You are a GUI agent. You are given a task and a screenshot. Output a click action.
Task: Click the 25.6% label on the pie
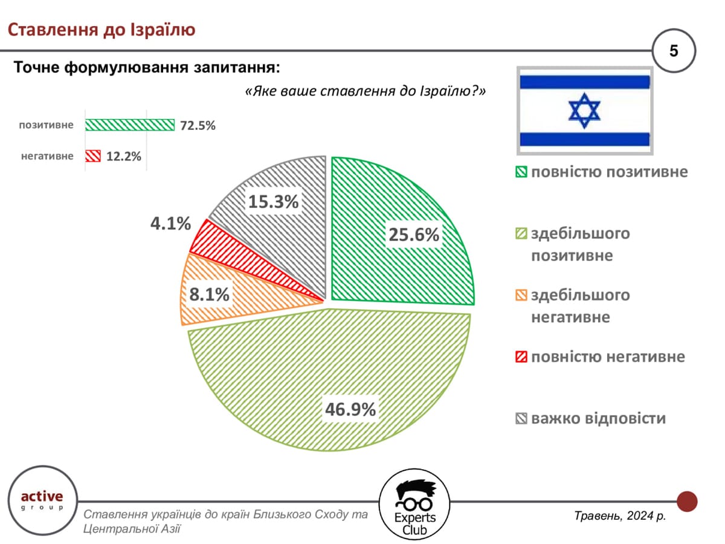[413, 235]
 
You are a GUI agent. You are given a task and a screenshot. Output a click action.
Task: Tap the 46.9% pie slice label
[350, 409]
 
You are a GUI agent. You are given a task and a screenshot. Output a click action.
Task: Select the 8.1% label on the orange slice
[209, 294]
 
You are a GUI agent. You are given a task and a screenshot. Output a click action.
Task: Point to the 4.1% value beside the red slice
[170, 224]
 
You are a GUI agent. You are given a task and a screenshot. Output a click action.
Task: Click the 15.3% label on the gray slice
[273, 202]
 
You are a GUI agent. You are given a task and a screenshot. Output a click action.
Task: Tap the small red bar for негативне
[92, 156]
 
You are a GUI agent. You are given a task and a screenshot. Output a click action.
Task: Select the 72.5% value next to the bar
[197, 126]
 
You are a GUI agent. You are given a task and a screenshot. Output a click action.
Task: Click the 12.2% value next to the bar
[123, 157]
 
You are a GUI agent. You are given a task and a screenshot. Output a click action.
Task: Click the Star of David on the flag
[584, 111]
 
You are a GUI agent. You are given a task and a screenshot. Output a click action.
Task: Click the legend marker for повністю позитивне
[521, 173]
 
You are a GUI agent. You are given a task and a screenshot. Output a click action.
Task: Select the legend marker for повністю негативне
[521, 357]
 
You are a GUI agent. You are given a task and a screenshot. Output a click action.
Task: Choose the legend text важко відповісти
[598, 418]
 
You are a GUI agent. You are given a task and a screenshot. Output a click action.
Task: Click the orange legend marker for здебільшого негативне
[521, 296]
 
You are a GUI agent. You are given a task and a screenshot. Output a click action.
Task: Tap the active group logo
[42, 499]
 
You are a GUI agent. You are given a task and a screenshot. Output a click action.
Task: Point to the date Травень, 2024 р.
[619, 516]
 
